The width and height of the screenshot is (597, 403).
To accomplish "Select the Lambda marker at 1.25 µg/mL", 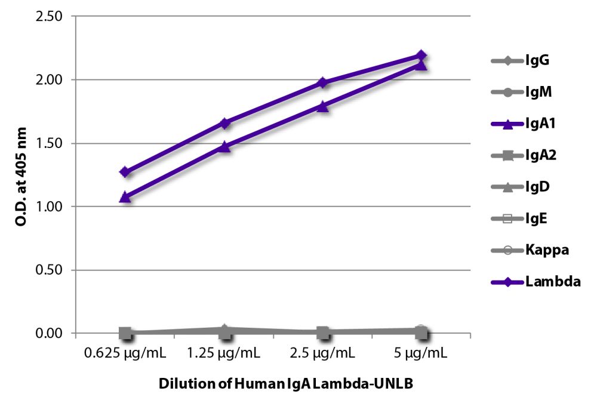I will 224,124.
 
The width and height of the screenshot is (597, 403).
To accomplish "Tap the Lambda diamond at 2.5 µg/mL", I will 322,82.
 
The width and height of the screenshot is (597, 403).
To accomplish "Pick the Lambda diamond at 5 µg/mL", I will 421,56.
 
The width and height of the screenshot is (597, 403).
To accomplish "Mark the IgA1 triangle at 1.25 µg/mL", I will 224,146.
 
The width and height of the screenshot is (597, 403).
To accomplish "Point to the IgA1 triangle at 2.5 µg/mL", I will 322,106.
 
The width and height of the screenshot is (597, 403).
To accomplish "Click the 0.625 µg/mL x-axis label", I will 125,353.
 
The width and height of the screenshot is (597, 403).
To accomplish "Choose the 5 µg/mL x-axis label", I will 421,353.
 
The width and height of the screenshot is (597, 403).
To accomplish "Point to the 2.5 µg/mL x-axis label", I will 322,353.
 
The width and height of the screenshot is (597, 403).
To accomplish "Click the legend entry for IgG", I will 537,60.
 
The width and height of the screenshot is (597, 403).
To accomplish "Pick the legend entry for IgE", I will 537,219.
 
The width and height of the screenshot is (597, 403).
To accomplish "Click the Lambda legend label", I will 553,282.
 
